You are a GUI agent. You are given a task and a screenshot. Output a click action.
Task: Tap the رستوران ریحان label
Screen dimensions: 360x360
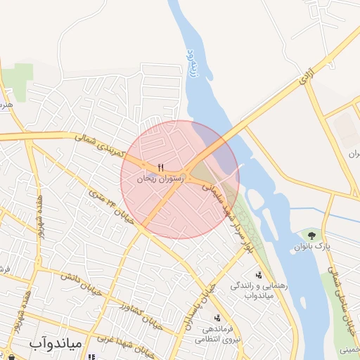(160, 179)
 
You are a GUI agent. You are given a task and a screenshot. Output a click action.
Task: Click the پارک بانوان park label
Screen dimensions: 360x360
(311, 247)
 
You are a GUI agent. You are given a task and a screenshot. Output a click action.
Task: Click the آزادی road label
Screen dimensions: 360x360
(305, 79)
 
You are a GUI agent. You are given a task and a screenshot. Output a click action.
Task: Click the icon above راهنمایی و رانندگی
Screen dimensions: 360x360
(259, 275)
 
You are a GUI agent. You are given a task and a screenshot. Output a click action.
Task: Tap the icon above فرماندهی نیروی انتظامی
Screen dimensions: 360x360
(217, 318)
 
